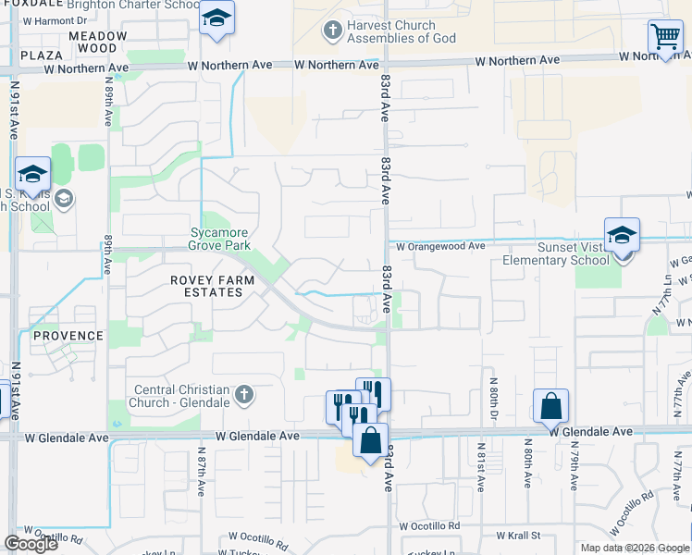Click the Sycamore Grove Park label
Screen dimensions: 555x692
[x=220, y=240]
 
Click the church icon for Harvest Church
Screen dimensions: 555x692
[x=333, y=32]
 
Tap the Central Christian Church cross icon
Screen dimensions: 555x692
[x=243, y=396]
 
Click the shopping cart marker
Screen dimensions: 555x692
[x=665, y=38]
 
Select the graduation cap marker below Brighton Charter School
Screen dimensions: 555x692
[x=217, y=19]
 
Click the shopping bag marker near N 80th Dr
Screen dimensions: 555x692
[x=550, y=406]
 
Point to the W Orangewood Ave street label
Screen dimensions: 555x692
[x=440, y=247]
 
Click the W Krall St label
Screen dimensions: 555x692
[x=517, y=536]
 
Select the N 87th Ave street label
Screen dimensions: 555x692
[x=202, y=473]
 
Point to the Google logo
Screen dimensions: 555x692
[x=31, y=544]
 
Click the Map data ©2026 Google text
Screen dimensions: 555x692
[x=635, y=548]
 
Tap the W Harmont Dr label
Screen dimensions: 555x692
[x=55, y=19]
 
